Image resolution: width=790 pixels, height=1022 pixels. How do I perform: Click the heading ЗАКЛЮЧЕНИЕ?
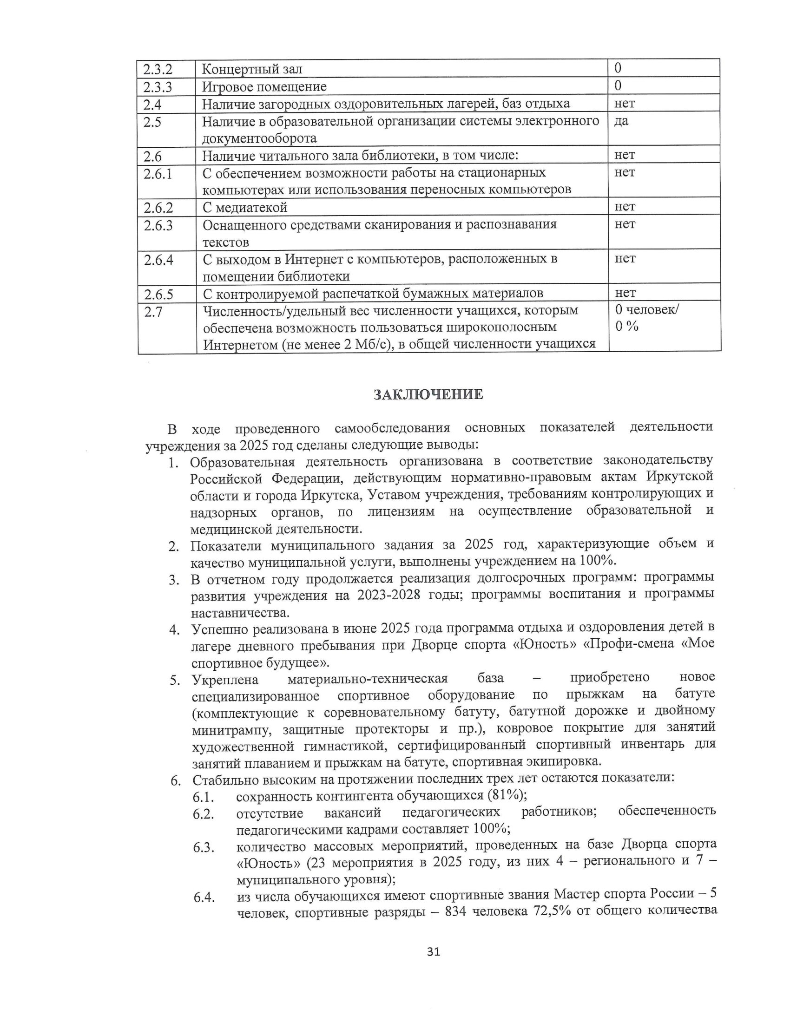(x=428, y=394)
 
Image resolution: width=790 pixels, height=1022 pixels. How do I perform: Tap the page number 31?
(x=434, y=951)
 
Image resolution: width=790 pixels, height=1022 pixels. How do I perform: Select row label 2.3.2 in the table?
(x=158, y=69)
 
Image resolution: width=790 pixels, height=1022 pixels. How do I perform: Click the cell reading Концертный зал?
(x=252, y=69)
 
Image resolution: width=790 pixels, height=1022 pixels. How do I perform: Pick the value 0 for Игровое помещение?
(x=618, y=85)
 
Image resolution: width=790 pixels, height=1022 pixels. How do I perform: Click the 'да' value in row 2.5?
(x=621, y=121)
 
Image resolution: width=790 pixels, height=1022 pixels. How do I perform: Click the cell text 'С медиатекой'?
(x=245, y=207)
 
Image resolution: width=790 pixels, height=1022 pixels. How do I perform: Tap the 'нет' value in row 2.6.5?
(x=625, y=293)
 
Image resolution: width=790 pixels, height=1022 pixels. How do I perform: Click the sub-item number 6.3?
(x=204, y=847)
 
